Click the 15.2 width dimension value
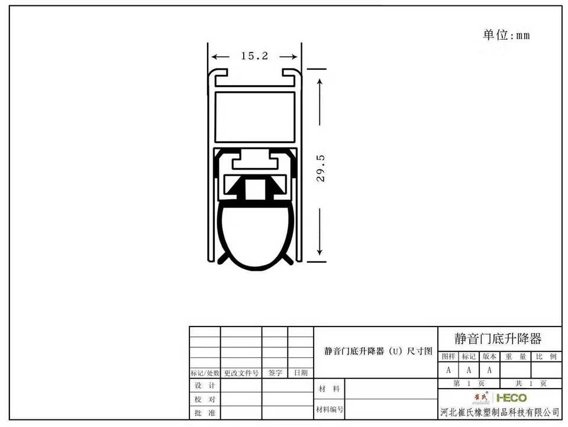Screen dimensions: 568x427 pyautogui.click(x=254, y=56)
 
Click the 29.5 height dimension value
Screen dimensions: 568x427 pyautogui.click(x=321, y=169)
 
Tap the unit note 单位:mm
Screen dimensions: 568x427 pyautogui.click(x=506, y=35)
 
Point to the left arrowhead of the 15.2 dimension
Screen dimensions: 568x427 pyautogui.click(x=215, y=57)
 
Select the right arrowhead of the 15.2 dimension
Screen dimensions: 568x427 pyautogui.click(x=293, y=57)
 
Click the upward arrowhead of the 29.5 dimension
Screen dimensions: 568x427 pyautogui.click(x=319, y=83)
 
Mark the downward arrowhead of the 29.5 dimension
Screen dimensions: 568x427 pyautogui.click(x=319, y=251)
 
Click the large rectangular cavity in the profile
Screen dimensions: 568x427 pyautogui.click(x=254, y=117)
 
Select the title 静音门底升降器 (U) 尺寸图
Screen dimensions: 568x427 pyautogui.click(x=378, y=351)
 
